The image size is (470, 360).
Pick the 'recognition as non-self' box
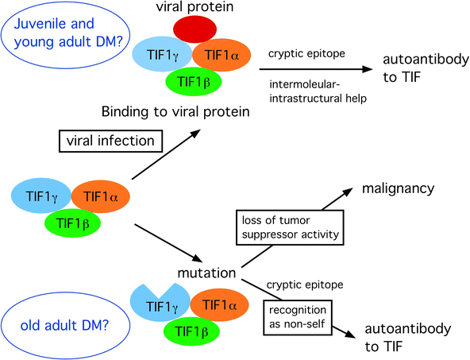[x=301, y=315]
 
